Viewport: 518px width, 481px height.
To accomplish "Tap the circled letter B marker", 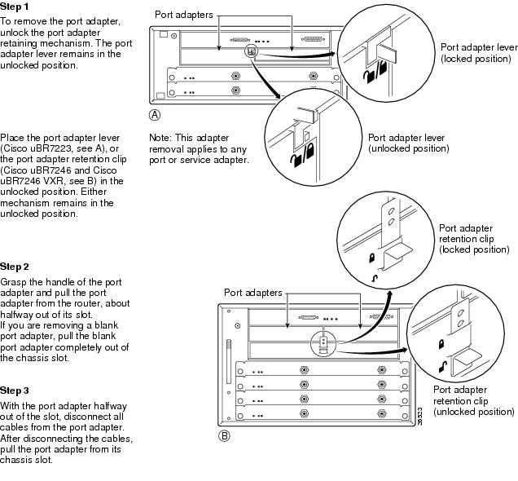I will coord(226,435).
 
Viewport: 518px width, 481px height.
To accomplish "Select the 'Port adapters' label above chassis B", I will coord(253,292).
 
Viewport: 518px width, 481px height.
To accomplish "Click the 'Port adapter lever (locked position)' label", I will coord(478,54).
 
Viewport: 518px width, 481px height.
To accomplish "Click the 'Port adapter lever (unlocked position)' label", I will coord(408,143).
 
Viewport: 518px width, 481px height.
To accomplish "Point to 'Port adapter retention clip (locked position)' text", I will coord(474,239).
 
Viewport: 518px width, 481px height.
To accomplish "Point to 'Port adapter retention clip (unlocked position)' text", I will coord(474,400).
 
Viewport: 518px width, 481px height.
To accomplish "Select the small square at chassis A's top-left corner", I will coord(164,35).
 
